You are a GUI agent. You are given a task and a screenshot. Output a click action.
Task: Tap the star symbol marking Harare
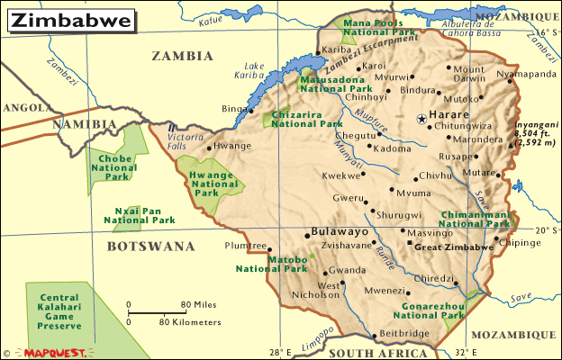421,119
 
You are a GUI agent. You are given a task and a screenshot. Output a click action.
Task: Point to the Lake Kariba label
254,70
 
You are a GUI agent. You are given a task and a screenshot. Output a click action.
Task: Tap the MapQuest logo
54,353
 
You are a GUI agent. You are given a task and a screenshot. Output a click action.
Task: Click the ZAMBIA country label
182,55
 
